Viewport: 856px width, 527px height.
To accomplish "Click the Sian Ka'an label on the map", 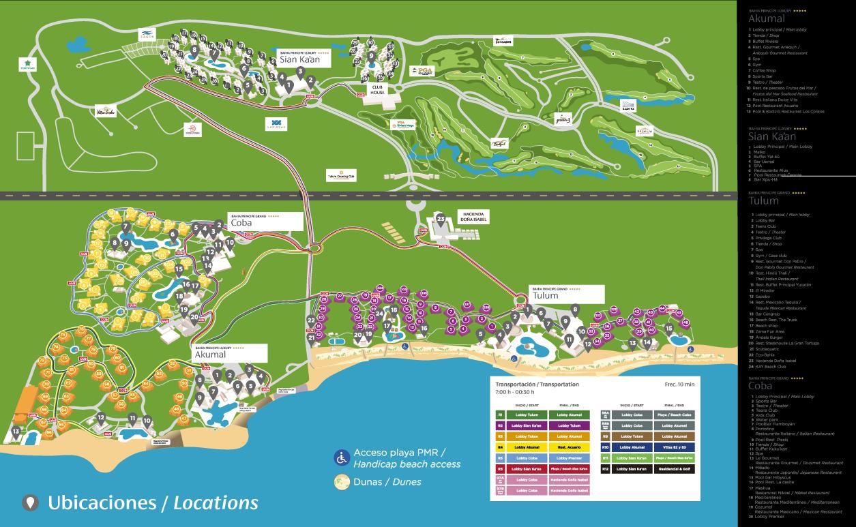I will (x=300, y=58).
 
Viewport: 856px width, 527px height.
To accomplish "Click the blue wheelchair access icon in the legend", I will (x=342, y=458).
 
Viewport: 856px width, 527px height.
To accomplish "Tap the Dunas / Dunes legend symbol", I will (x=342, y=481).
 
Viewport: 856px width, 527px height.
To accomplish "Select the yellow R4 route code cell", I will (x=500, y=447).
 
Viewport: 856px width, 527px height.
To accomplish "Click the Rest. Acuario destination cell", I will (x=570, y=447).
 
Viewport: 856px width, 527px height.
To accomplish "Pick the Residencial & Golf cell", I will (x=675, y=469).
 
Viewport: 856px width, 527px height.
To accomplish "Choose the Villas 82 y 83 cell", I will (x=675, y=447).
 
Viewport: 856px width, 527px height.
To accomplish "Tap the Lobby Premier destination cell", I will (x=570, y=458).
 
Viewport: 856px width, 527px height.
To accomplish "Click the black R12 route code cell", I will (x=605, y=469).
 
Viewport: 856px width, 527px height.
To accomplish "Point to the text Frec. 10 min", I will (x=679, y=384).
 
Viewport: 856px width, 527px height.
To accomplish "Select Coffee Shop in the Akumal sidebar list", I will (x=765, y=70).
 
